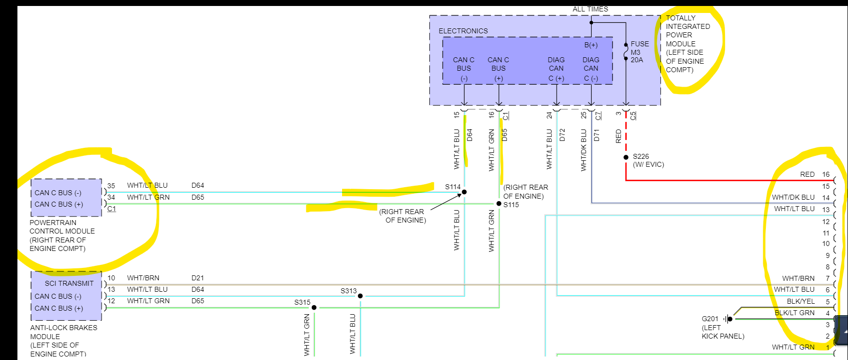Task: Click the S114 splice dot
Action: [464, 192]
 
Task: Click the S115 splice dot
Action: [498, 204]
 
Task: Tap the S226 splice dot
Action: [626, 157]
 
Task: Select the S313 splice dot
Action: [360, 296]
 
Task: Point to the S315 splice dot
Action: [314, 308]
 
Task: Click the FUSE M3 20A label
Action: [639, 52]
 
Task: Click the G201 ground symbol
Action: [728, 319]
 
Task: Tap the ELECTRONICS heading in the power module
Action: [463, 31]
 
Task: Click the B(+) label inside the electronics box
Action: [591, 45]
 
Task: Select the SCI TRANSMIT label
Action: [69, 283]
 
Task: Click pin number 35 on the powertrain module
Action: [111, 186]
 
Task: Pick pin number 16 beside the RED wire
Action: [826, 174]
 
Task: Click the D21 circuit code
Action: [198, 278]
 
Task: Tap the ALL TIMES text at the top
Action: [590, 9]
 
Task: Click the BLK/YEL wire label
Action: [801, 301]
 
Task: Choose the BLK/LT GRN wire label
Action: [794, 313]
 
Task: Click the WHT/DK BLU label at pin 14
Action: [793, 197]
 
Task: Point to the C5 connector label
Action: [633, 116]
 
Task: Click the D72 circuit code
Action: [562, 134]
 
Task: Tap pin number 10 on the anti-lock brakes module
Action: [111, 278]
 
